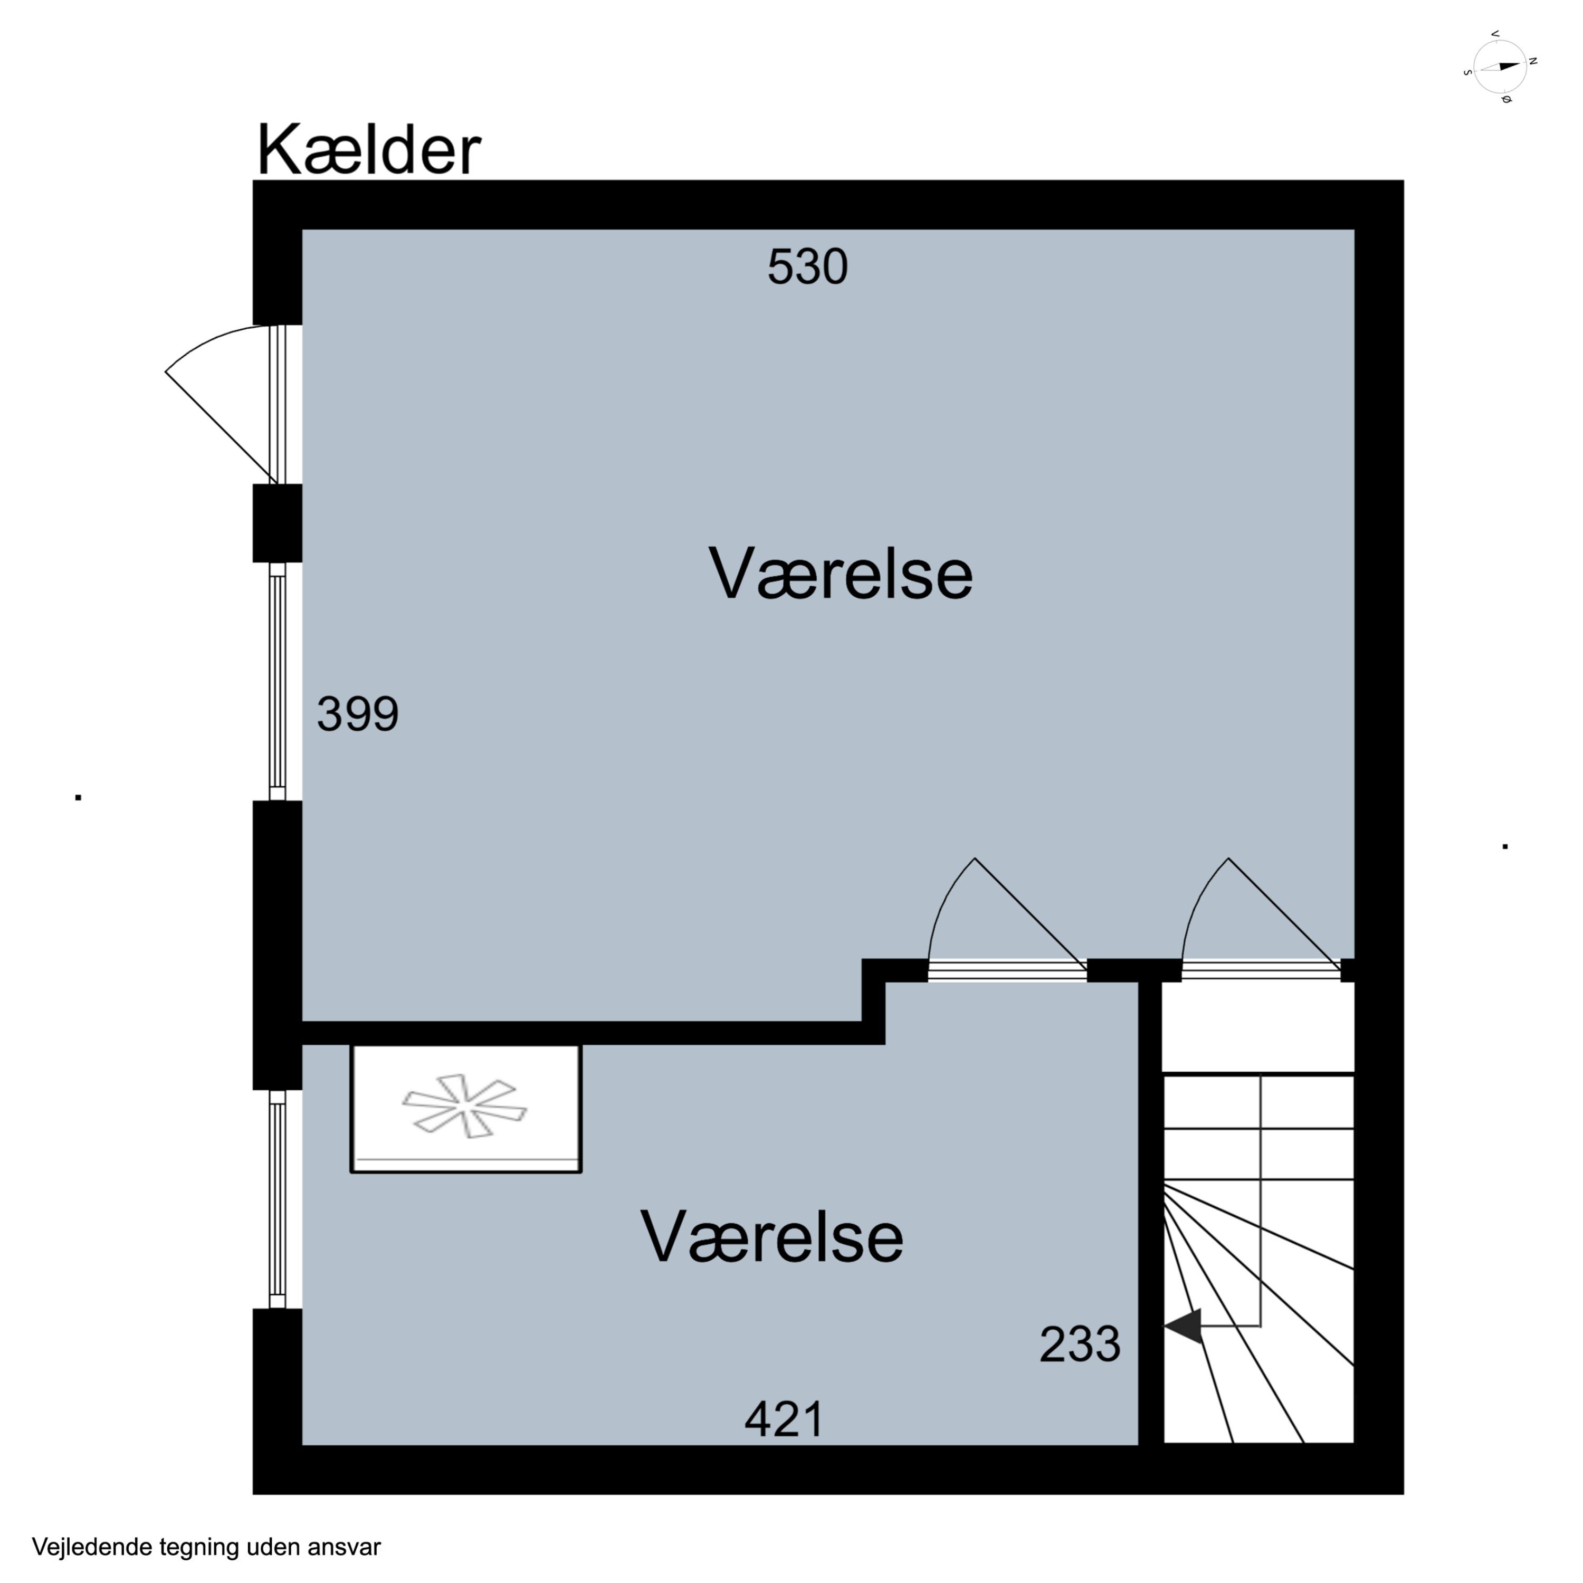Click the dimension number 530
(807, 267)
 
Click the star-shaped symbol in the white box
(464, 1106)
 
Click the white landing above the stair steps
(1258, 1027)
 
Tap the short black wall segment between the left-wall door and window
(277, 523)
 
